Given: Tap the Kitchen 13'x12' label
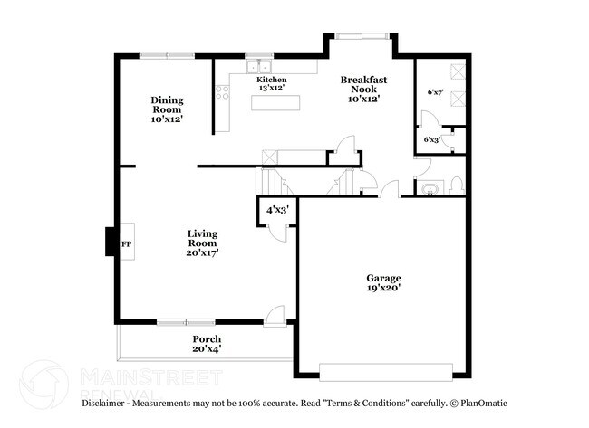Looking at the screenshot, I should [x=271, y=84].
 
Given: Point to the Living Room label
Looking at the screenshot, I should [x=202, y=243].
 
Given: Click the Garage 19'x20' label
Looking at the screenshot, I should [x=383, y=282].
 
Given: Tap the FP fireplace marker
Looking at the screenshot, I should [x=127, y=244].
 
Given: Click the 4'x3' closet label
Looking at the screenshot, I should [x=275, y=210].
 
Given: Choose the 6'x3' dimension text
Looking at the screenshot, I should [x=432, y=139].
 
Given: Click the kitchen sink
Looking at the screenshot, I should [x=260, y=65].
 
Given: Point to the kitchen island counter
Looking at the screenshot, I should [x=277, y=102].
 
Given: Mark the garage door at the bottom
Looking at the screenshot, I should [x=385, y=370].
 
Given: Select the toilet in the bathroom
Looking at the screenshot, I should [x=455, y=187].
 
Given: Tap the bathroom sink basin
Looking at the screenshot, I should [x=428, y=189].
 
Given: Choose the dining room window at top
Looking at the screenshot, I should [x=167, y=55].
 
